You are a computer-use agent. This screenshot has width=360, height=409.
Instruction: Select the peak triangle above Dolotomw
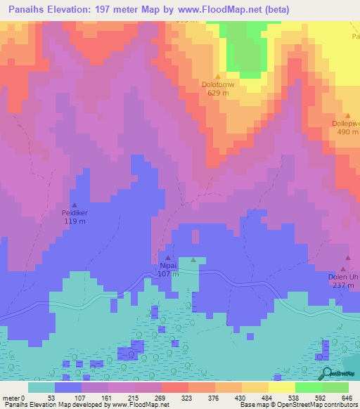(217, 76)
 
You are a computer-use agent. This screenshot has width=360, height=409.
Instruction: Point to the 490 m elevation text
(347, 132)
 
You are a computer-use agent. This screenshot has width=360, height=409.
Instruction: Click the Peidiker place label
(74, 212)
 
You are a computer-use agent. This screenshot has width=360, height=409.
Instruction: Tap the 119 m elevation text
(74, 221)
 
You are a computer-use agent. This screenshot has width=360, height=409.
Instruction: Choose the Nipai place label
(168, 266)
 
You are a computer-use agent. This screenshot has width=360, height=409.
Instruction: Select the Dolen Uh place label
(345, 277)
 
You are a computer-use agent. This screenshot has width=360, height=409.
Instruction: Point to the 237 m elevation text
(345, 285)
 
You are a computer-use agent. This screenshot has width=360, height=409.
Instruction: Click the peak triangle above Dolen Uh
(345, 268)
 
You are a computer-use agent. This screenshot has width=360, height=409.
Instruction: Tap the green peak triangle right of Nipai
(194, 259)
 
